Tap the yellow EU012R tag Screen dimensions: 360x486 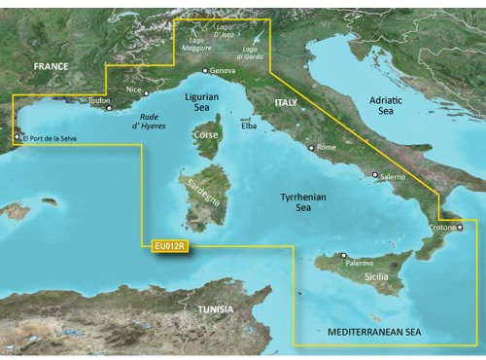coord(170,247)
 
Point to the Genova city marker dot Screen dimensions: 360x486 coord(205,71)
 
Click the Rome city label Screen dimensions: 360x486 coord(326,148)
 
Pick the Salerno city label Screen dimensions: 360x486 coord(394,176)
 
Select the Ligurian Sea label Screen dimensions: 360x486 coord(201,103)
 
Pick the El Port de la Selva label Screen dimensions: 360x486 coord(48,138)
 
